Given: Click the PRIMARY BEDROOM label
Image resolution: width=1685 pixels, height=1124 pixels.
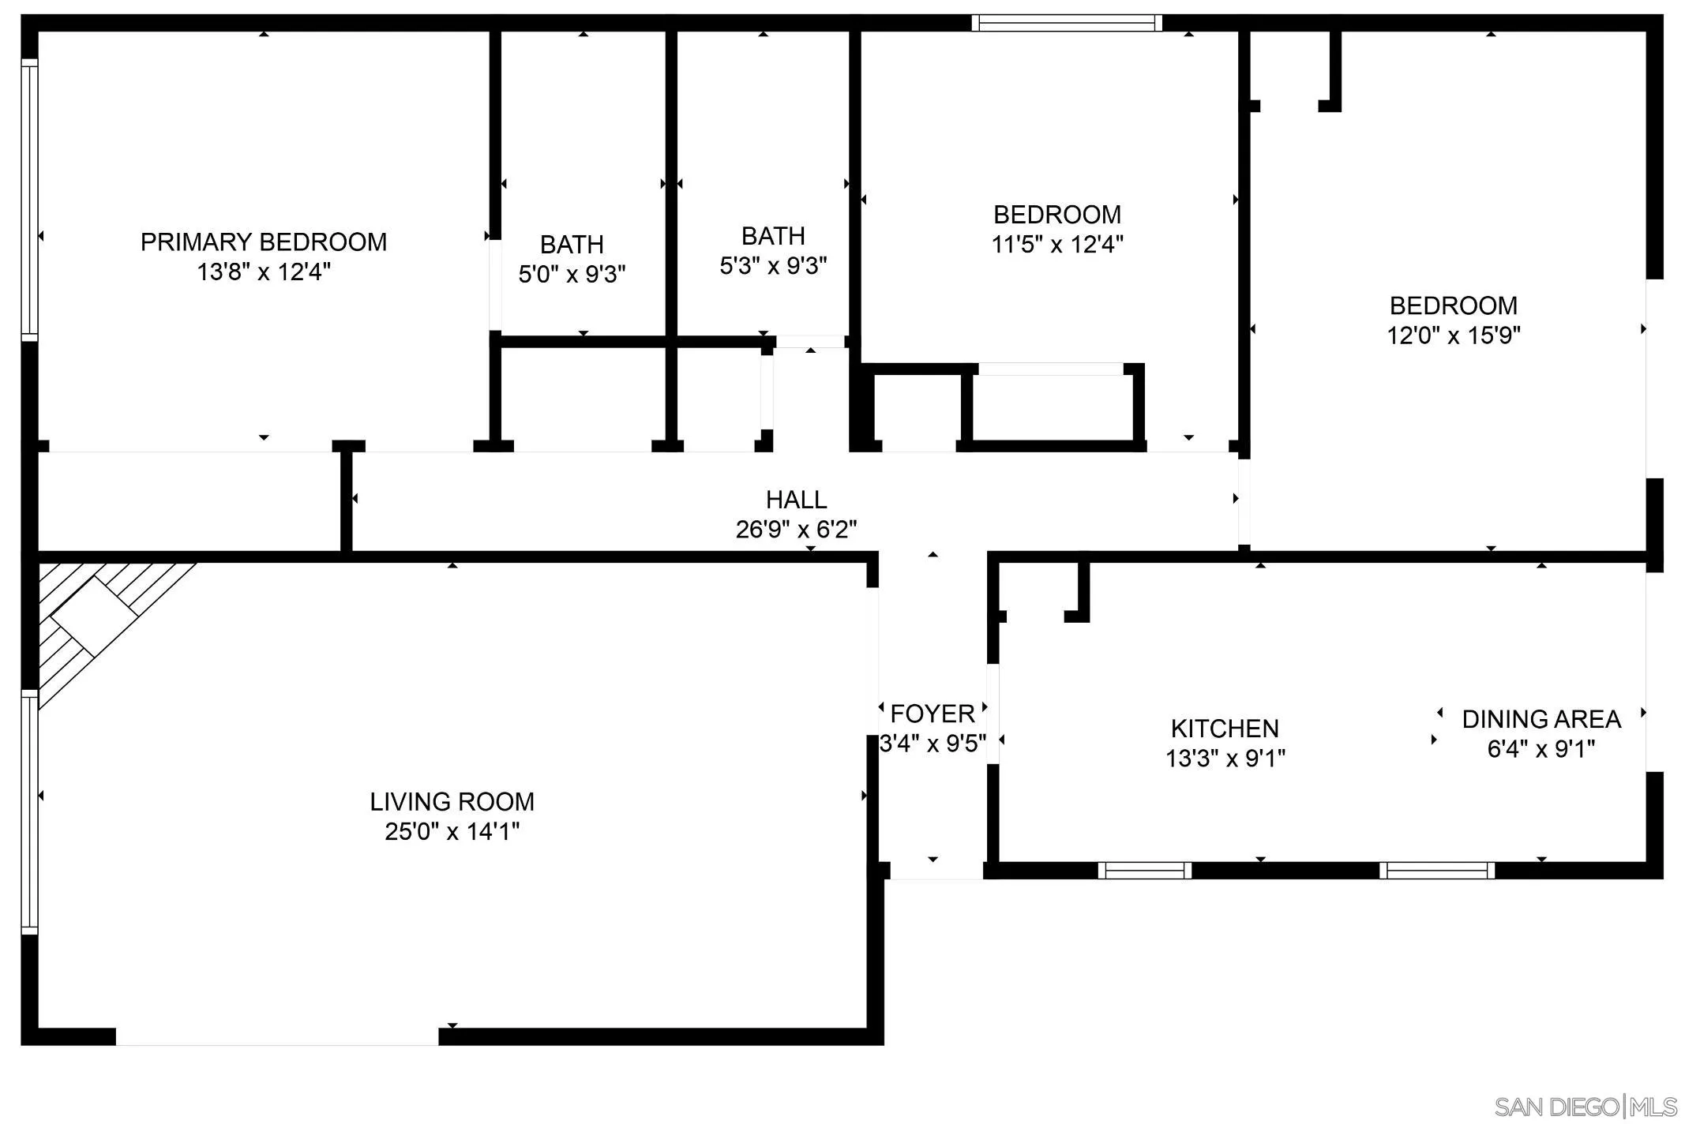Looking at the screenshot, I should pyautogui.click(x=264, y=242).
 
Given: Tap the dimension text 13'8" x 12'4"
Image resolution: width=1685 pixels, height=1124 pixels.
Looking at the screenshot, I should pyautogui.click(x=264, y=272).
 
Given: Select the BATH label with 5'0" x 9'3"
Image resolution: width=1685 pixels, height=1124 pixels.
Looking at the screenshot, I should pyautogui.click(x=572, y=245).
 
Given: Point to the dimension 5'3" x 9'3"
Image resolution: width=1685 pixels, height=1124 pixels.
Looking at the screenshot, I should pyautogui.click(x=773, y=266).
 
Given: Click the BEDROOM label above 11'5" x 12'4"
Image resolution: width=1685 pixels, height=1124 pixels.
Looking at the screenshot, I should pyautogui.click(x=1056, y=215).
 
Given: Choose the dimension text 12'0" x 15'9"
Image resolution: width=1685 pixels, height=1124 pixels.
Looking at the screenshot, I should pyautogui.click(x=1454, y=335).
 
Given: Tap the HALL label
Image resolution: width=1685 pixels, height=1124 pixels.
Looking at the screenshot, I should pyautogui.click(x=796, y=500).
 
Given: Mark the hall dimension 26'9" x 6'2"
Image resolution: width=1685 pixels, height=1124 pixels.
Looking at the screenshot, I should pyautogui.click(x=796, y=529).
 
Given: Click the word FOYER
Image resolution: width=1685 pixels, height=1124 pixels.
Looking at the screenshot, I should pyautogui.click(x=932, y=714).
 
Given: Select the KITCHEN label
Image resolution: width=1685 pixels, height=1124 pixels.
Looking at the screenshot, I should pyautogui.click(x=1225, y=728).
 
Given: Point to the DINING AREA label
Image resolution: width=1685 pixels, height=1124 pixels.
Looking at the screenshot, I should pyautogui.click(x=1541, y=719).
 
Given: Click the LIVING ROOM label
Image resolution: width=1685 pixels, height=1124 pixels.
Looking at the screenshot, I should pyautogui.click(x=452, y=802).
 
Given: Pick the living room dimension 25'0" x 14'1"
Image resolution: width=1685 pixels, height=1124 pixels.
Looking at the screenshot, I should pyautogui.click(x=452, y=832).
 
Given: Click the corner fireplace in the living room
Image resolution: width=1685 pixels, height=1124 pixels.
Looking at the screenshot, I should pyautogui.click(x=93, y=616).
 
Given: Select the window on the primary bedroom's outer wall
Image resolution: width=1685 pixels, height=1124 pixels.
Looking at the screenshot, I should pyautogui.click(x=29, y=200).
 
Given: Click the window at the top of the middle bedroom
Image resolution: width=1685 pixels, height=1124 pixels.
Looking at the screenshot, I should pyautogui.click(x=1066, y=23).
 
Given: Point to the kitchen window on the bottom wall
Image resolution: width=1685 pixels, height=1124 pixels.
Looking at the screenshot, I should pyautogui.click(x=1144, y=871).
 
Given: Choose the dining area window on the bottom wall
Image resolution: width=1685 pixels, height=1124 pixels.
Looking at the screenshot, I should pyautogui.click(x=1436, y=871).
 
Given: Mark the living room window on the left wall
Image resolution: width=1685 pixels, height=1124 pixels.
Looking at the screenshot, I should pyautogui.click(x=29, y=811).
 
